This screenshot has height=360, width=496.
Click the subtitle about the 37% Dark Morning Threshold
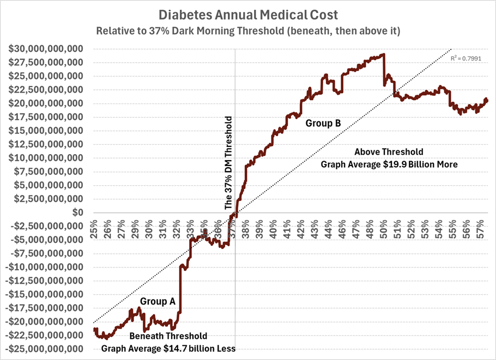[x=248, y=30]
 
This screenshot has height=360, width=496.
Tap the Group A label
[x=158, y=301]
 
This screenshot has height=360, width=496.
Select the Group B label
[x=323, y=124]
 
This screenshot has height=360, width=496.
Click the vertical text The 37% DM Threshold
[x=229, y=163]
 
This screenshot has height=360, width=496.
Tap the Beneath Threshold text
[x=168, y=336]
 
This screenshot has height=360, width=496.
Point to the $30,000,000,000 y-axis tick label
[x=46, y=49]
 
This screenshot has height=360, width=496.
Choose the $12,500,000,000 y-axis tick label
[x=46, y=144]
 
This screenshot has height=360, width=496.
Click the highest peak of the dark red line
[x=384, y=54]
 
